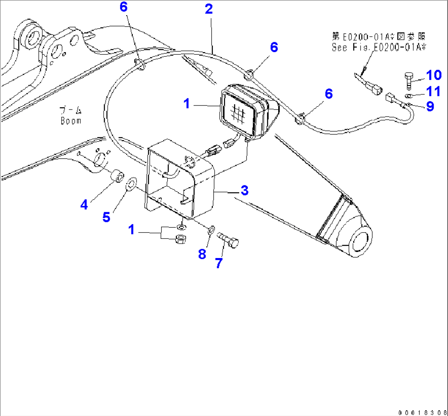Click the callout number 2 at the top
click(x=209, y=9)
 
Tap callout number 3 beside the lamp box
click(x=244, y=190)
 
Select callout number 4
click(x=84, y=204)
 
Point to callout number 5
click(x=106, y=217)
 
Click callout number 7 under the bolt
click(x=218, y=263)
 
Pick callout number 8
click(x=202, y=254)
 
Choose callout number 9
click(x=430, y=107)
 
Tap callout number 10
click(x=433, y=75)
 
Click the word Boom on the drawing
click(x=71, y=121)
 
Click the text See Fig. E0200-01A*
click(x=379, y=47)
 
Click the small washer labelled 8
click(x=211, y=230)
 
